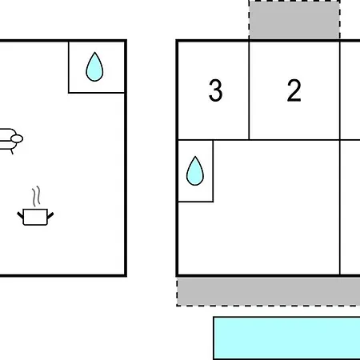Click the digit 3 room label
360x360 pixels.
coord(215,90)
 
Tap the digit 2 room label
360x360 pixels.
coord(294,90)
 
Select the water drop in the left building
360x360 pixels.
coord(94,66)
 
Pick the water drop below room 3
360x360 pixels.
coord(195,170)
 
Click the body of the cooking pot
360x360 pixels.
coord(35,217)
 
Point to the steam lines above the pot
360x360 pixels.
coord(37,196)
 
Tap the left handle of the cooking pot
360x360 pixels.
coord(20,215)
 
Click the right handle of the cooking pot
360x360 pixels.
coord(50,215)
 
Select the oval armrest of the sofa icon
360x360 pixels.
coord(17,138)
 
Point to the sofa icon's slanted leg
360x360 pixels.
coord(12,151)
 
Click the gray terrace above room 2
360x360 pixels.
coord(294,20)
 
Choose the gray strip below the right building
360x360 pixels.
coord(269,291)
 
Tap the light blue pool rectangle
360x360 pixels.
coord(287,338)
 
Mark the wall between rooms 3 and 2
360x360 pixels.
coord(249,90)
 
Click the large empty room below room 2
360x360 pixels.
coord(277,207)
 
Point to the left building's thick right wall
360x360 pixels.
coord(126,158)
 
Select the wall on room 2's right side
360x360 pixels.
coord(340,90)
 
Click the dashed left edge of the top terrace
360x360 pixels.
coord(249,20)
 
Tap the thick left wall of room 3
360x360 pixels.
coord(177,90)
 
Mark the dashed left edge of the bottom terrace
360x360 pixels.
coord(177,292)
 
